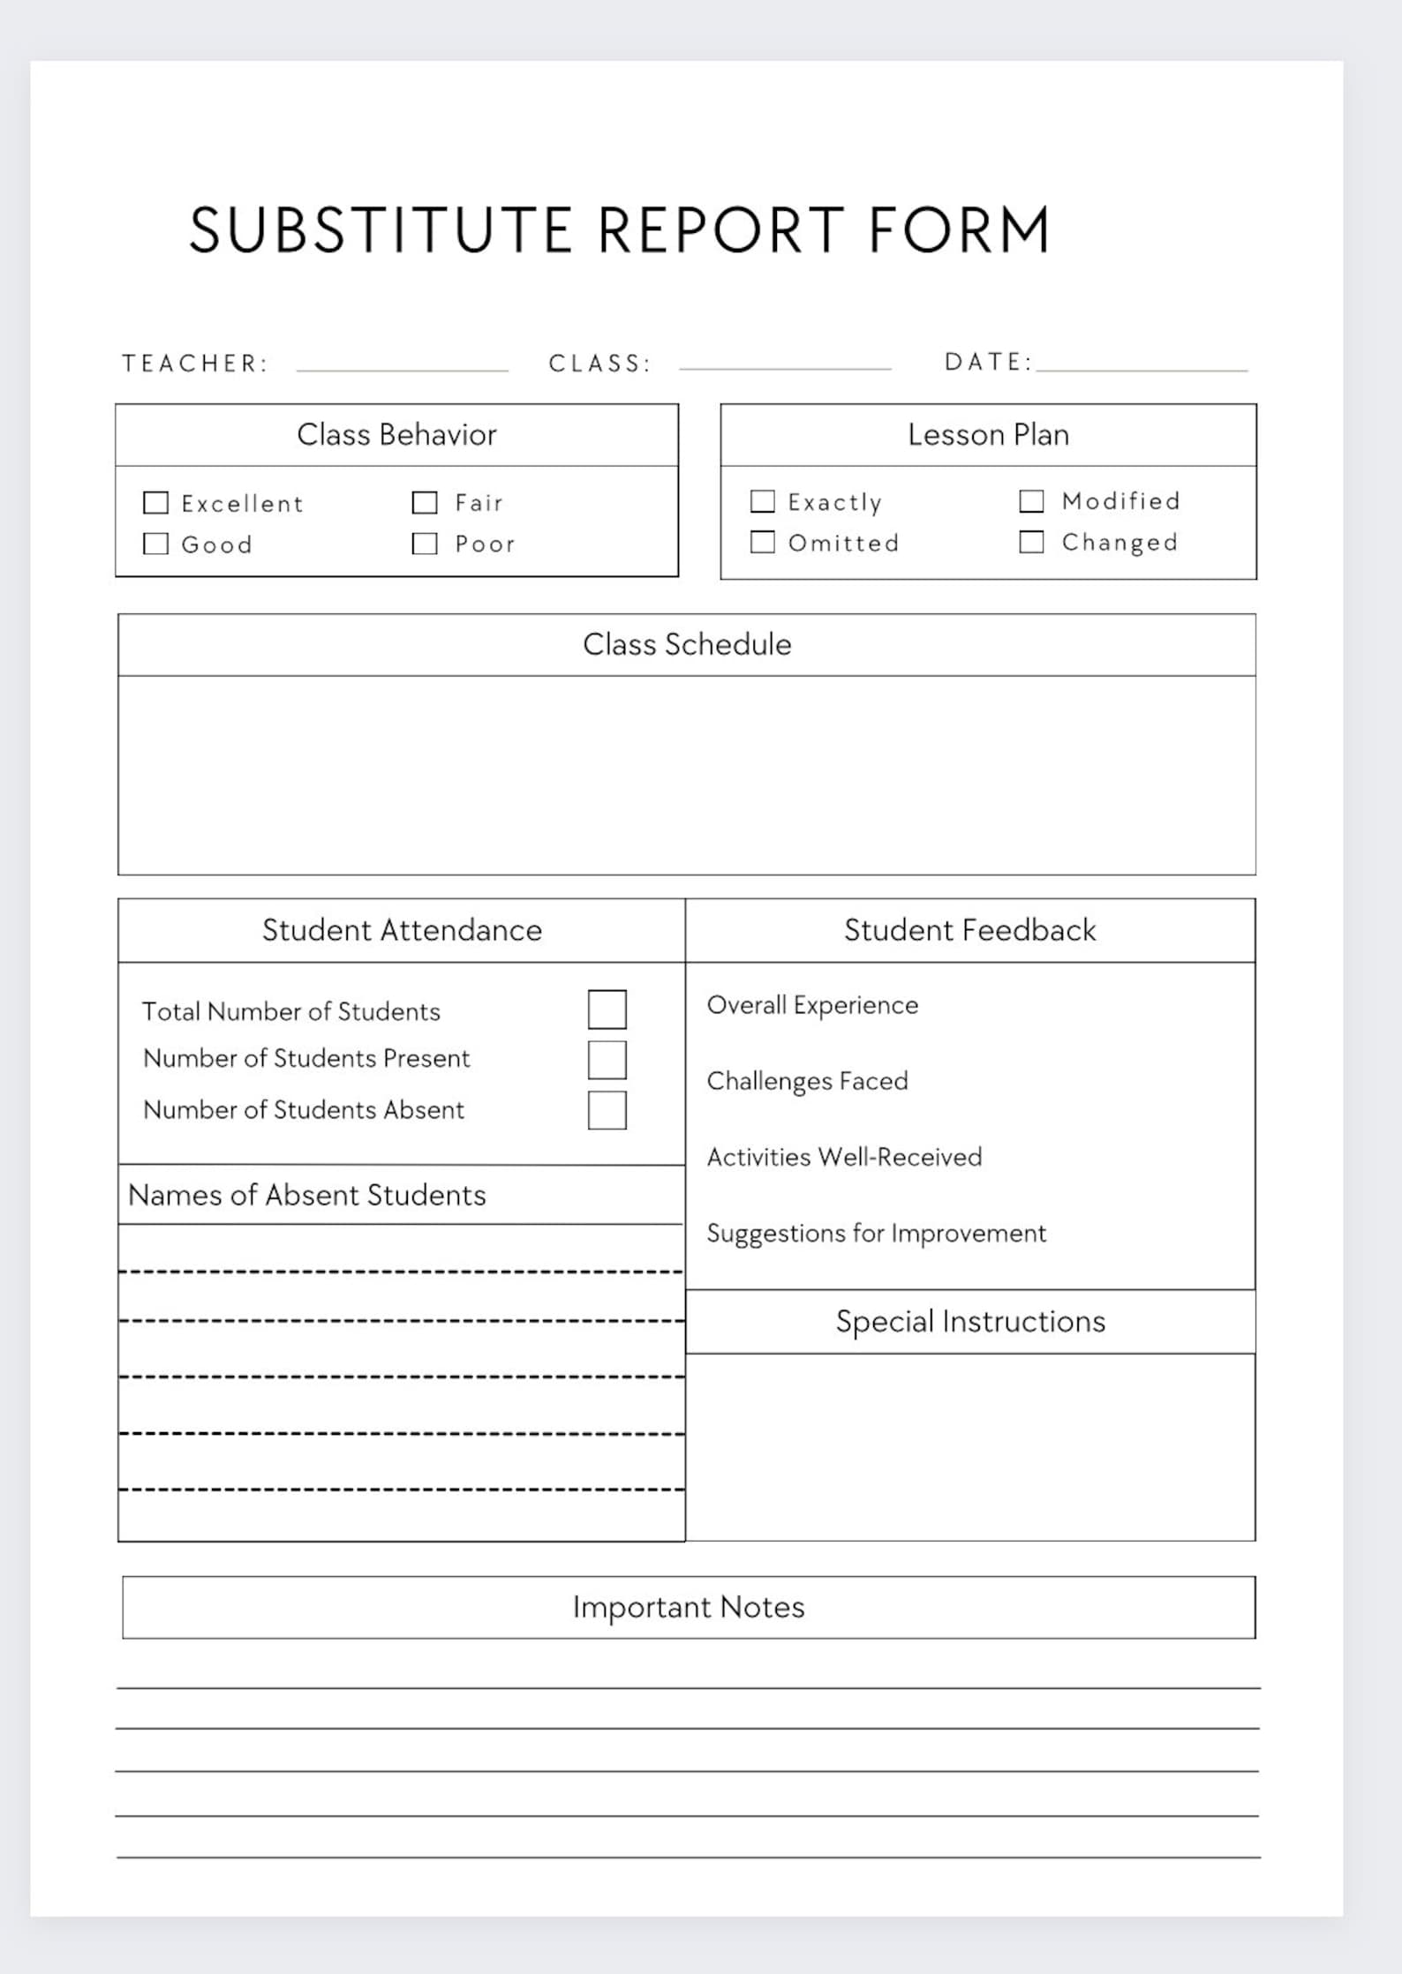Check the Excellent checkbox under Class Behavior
[x=155, y=503]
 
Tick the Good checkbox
[x=155, y=544]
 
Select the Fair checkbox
[x=425, y=502]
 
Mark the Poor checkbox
[x=425, y=544]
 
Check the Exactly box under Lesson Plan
[x=762, y=501]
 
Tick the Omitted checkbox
[x=762, y=542]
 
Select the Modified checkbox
[x=1031, y=501]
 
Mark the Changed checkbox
[x=1031, y=542]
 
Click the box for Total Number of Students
[x=607, y=1010]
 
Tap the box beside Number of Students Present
[x=607, y=1060]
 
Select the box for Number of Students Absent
[x=607, y=1110]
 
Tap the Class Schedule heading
[x=687, y=645]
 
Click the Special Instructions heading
[x=970, y=1322]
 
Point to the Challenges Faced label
[x=807, y=1081]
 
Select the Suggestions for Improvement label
[x=876, y=1233]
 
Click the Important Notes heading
[x=689, y=1608]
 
